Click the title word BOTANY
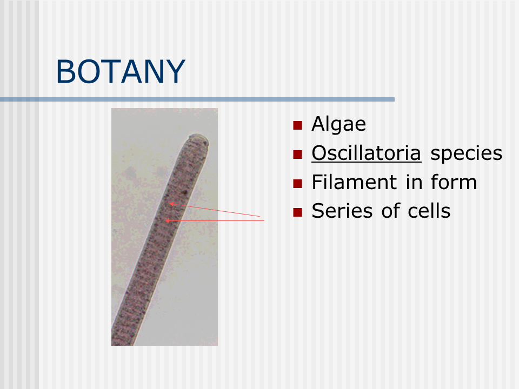pyautogui.click(x=121, y=71)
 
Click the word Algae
pyautogui.click(x=338, y=124)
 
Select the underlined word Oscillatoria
pyautogui.click(x=367, y=153)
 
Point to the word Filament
pyautogui.click(x=354, y=182)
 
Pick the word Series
pyautogui.click(x=342, y=211)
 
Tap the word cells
pyautogui.click(x=429, y=211)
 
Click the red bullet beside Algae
pyautogui.click(x=297, y=125)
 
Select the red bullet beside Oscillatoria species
pyautogui.click(x=297, y=155)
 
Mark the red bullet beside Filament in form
pyautogui.click(x=297, y=184)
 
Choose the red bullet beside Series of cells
pyautogui.click(x=297, y=212)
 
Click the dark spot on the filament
pyautogui.click(x=185, y=192)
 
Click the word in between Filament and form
pyautogui.click(x=414, y=182)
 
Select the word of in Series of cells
pyautogui.click(x=390, y=211)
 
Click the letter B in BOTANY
pyautogui.click(x=66, y=71)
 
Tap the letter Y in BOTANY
pyautogui.click(x=175, y=71)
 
